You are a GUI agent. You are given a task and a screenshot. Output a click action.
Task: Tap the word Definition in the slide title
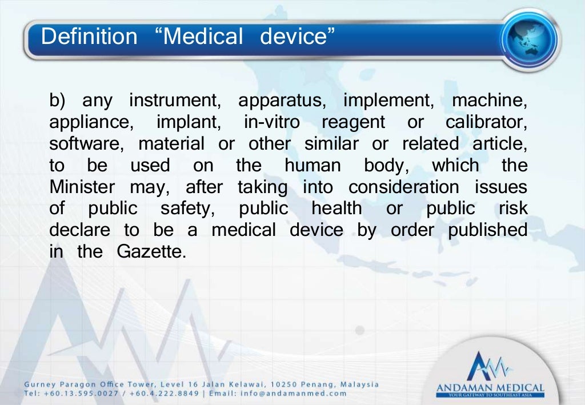(89, 37)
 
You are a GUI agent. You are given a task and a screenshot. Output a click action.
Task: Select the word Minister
(82, 187)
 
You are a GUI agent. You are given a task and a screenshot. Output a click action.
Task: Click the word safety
(185, 208)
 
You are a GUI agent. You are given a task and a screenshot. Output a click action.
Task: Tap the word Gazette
(151, 251)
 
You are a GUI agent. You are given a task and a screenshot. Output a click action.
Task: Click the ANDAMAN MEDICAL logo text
(490, 389)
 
